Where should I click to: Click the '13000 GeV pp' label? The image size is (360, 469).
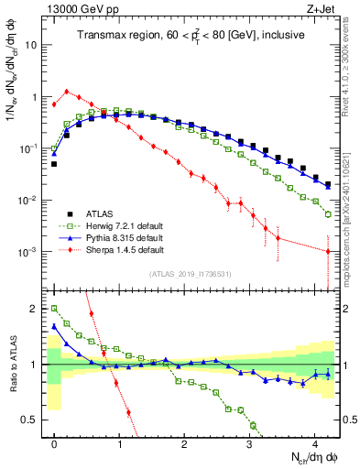pyautogui.click(x=76, y=8)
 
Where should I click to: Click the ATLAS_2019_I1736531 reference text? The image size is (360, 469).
pyautogui.click(x=190, y=274)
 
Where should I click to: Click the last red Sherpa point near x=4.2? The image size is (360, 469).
pyautogui.click(x=328, y=252)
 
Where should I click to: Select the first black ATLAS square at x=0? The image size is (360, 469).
pyautogui.click(x=54, y=164)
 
